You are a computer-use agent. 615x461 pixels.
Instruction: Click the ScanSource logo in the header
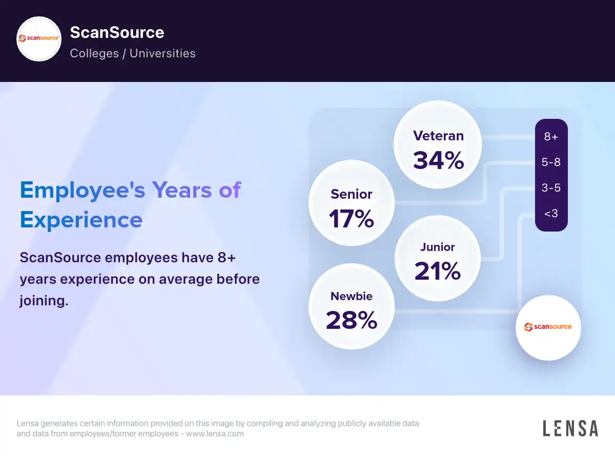tap(39, 39)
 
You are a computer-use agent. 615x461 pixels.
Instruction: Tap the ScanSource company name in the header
tap(117, 33)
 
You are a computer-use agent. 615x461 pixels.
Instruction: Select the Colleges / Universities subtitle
tap(133, 53)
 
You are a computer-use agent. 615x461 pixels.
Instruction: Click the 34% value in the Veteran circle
tap(438, 160)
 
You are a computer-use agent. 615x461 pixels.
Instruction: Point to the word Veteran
tap(438, 136)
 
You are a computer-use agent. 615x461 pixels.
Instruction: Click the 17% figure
tap(351, 219)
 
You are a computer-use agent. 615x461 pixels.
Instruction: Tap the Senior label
tap(352, 194)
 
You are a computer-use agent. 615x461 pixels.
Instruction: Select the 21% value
tap(437, 271)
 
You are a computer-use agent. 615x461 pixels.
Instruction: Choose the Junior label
tap(438, 247)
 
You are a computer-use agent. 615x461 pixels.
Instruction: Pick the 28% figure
tap(352, 320)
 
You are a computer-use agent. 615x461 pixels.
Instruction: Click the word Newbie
tap(352, 296)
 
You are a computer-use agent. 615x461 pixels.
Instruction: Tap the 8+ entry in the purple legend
tap(551, 137)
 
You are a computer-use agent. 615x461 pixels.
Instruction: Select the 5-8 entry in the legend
tap(551, 162)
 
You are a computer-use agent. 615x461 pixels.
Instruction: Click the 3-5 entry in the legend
tap(551, 188)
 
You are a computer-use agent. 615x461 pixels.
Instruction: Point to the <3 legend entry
tap(551, 213)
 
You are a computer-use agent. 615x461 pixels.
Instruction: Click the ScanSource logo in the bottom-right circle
tap(548, 327)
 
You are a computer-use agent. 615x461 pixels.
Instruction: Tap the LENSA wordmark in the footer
tap(570, 428)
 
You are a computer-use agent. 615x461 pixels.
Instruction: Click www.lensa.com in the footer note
tap(215, 434)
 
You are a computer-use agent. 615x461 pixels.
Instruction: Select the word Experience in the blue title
tap(81, 220)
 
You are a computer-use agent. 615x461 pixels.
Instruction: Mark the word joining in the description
tap(44, 301)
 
